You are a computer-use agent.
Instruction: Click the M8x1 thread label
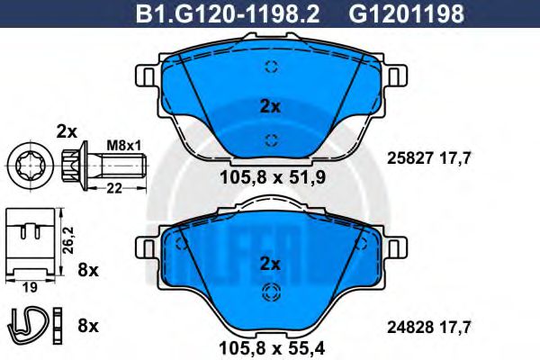pyautogui.click(x=119, y=144)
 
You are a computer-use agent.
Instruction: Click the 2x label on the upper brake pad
pyautogui.click(x=270, y=105)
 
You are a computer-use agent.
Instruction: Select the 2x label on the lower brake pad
pyautogui.click(x=270, y=264)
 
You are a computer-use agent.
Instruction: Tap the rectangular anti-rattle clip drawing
pyautogui.click(x=30, y=241)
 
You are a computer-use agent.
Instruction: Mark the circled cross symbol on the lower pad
pyautogui.click(x=270, y=292)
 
